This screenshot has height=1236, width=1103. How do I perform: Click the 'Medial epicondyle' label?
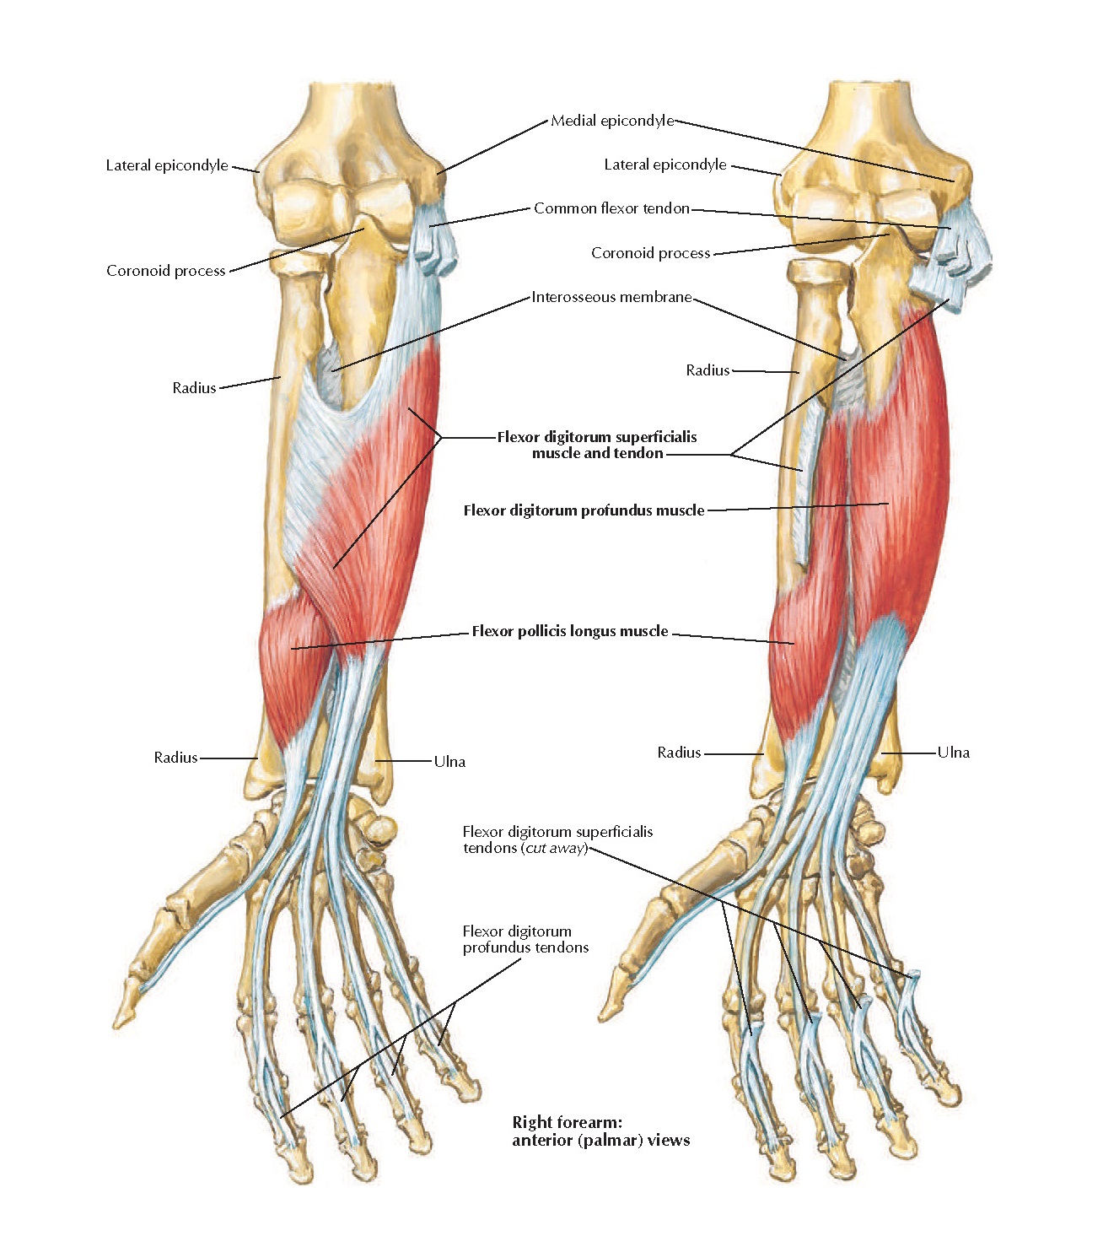612,121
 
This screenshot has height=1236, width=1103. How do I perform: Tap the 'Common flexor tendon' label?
611,208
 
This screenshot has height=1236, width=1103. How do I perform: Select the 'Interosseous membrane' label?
611,297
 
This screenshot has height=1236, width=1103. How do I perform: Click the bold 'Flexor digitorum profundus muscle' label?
584,510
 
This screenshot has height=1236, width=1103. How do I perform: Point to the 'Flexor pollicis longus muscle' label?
570,631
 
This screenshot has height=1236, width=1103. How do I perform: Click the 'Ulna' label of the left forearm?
449,762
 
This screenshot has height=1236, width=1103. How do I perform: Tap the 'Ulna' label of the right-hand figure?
954,753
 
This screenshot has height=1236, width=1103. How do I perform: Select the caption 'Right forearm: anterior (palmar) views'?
600,1131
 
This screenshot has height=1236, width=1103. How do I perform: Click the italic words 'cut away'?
554,848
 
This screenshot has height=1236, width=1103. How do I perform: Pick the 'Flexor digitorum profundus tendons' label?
525,939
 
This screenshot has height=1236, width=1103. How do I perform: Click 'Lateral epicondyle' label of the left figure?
167,165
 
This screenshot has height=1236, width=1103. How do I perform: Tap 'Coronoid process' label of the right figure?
650,253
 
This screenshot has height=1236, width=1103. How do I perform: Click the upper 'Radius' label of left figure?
194,388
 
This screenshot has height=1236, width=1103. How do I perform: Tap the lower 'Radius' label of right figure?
679,753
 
